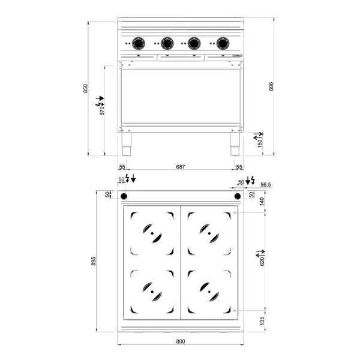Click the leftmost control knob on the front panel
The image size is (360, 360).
(139, 43)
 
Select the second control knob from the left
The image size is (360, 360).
(167, 43)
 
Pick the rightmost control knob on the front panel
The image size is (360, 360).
(223, 43)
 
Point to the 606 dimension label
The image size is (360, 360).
(271, 86)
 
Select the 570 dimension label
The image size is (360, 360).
(102, 109)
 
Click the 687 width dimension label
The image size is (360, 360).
(180, 167)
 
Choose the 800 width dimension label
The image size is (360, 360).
(180, 341)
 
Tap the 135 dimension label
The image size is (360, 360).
(262, 322)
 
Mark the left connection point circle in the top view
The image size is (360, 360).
(125, 197)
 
